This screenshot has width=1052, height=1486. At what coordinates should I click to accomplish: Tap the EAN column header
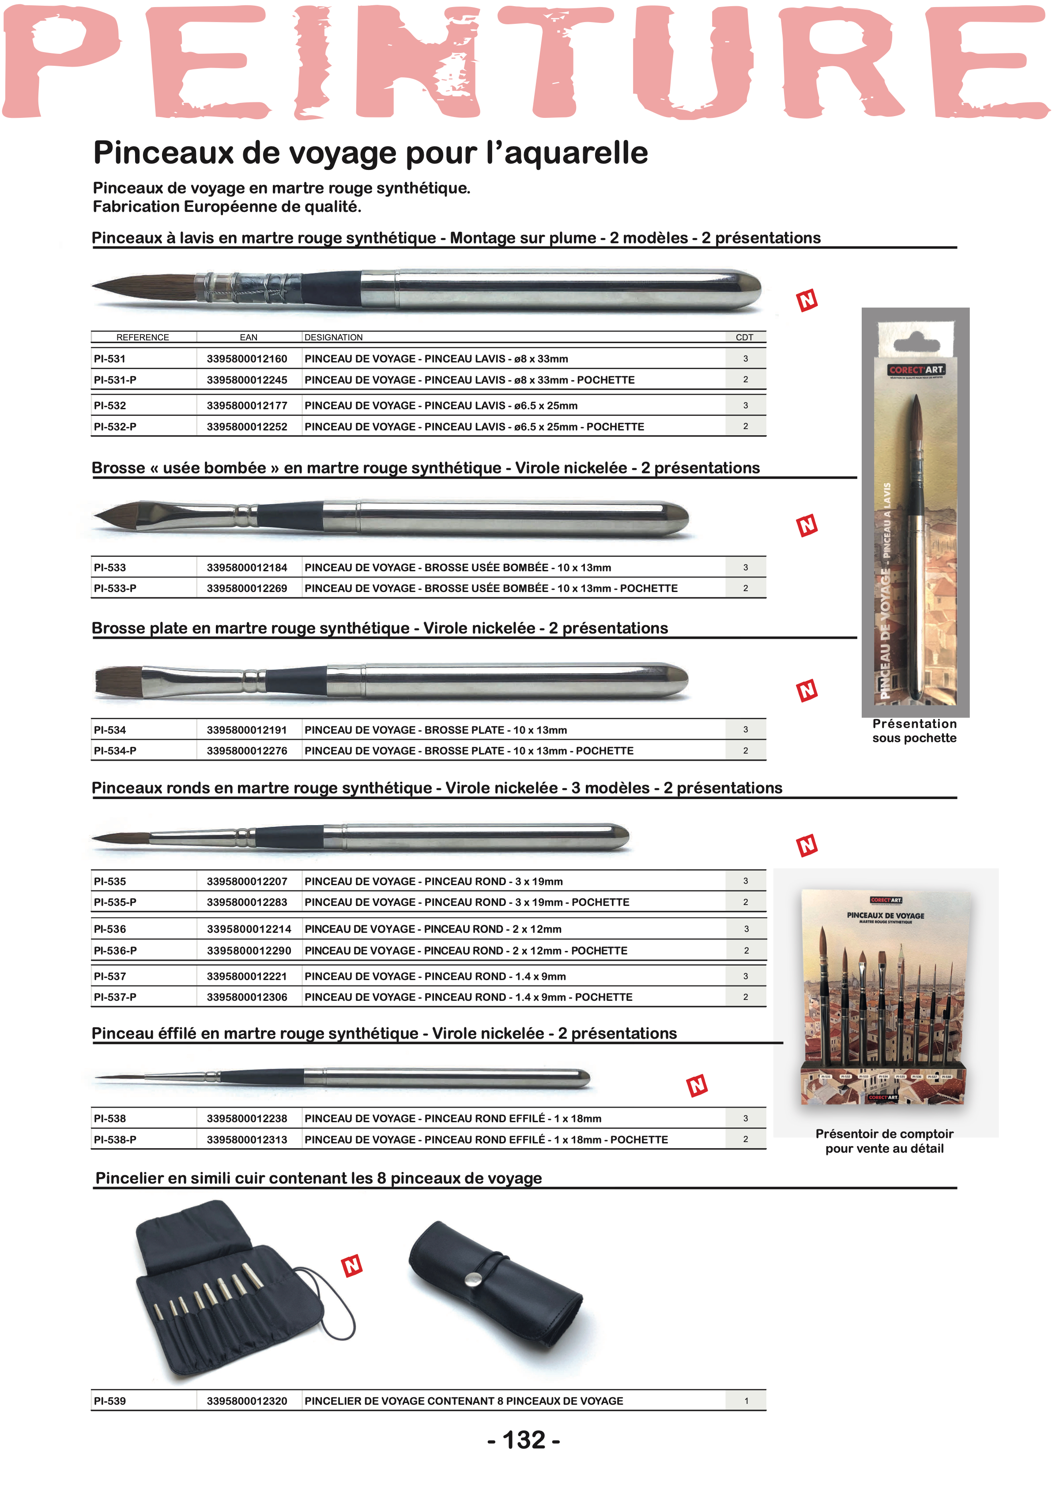[248, 337]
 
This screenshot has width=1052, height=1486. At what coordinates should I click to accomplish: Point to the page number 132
[524, 1440]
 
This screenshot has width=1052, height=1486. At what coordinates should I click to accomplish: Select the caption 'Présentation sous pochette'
[914, 731]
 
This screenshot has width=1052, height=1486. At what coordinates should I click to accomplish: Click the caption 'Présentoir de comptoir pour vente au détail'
[884, 1141]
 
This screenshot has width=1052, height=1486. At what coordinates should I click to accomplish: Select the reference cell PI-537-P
[115, 997]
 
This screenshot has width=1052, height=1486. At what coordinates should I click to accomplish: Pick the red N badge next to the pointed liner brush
[697, 1086]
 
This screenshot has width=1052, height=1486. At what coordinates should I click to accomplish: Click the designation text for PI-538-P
[486, 1139]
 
